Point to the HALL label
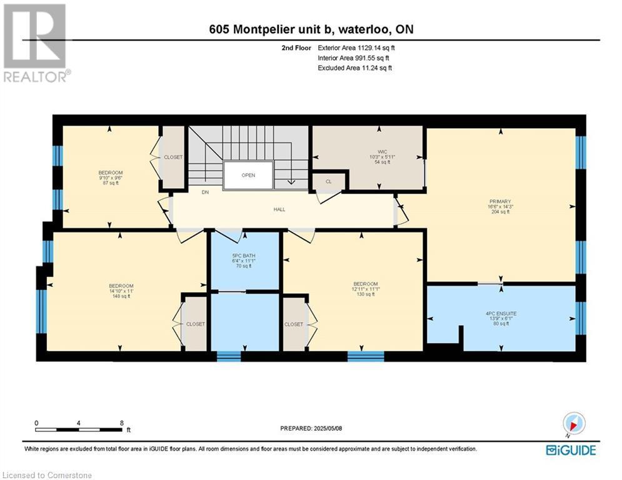click(x=279, y=209)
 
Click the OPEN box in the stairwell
click(x=248, y=175)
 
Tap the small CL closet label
click(x=329, y=181)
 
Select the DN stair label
click(x=205, y=192)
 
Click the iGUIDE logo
click(x=570, y=450)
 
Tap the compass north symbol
click(x=573, y=424)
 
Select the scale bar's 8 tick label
click(x=121, y=422)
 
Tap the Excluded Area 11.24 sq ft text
click(x=355, y=68)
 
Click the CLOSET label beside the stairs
click(x=173, y=157)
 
